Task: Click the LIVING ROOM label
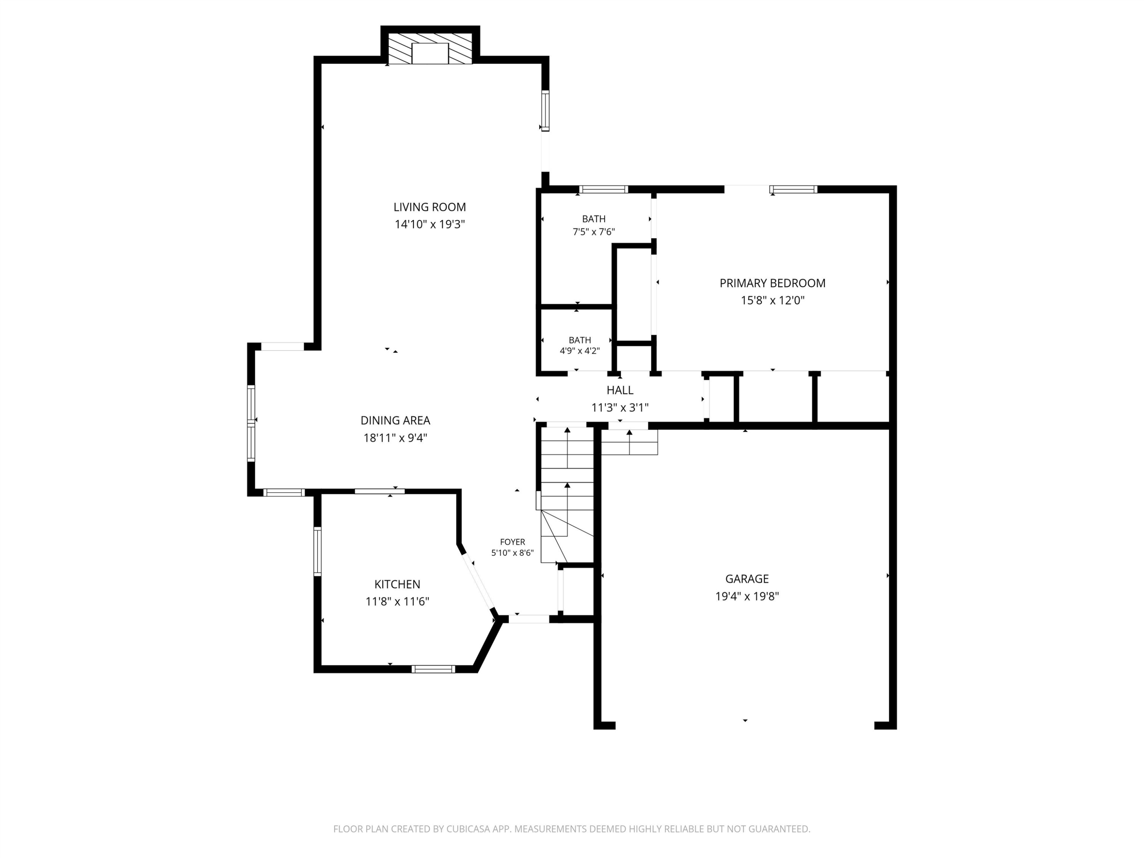click(429, 207)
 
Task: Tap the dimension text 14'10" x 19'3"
click(430, 224)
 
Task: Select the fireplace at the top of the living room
click(430, 50)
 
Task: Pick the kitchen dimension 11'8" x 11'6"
click(397, 601)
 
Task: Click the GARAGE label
click(747, 579)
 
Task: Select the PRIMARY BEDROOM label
click(772, 283)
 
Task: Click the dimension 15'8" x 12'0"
click(772, 300)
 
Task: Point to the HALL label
click(620, 390)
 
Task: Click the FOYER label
click(512, 542)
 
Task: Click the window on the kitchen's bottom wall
click(434, 669)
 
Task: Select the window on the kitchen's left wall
click(318, 551)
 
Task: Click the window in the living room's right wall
click(545, 111)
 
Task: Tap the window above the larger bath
click(604, 189)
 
